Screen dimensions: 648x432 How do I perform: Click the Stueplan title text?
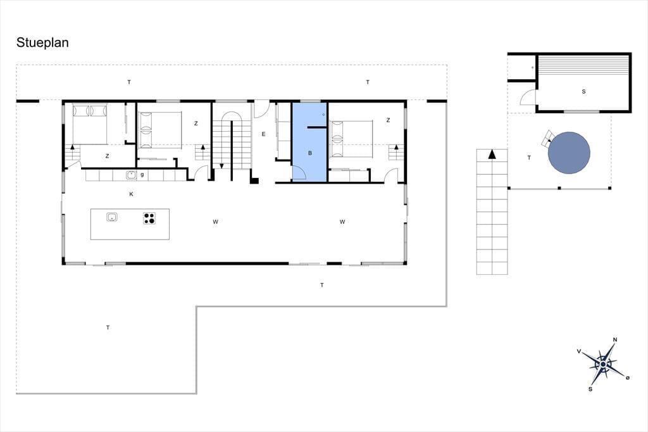[42, 43]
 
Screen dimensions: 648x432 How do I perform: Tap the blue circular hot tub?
[569, 153]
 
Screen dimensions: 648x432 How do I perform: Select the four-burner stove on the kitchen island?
[149, 218]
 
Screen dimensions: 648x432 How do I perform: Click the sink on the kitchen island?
[112, 217]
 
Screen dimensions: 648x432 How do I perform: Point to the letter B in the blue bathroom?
[310, 153]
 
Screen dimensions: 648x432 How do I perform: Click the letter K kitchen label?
[132, 194]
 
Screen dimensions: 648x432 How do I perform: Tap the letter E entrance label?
[263, 134]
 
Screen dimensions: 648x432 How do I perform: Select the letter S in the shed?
[583, 91]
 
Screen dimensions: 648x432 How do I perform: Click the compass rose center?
[603, 364]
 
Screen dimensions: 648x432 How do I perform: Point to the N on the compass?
[615, 340]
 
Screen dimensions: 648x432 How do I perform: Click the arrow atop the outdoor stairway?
[492, 155]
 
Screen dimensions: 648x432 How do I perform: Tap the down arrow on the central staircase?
[221, 166]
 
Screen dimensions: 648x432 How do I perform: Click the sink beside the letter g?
[132, 175]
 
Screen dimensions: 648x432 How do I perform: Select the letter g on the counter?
[142, 174]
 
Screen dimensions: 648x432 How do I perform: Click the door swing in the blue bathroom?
[299, 172]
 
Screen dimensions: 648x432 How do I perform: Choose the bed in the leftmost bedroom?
[90, 124]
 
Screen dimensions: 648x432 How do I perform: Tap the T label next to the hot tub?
[530, 158]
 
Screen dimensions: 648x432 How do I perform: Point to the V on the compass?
[579, 352]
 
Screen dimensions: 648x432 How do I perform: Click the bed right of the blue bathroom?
[352, 139]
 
